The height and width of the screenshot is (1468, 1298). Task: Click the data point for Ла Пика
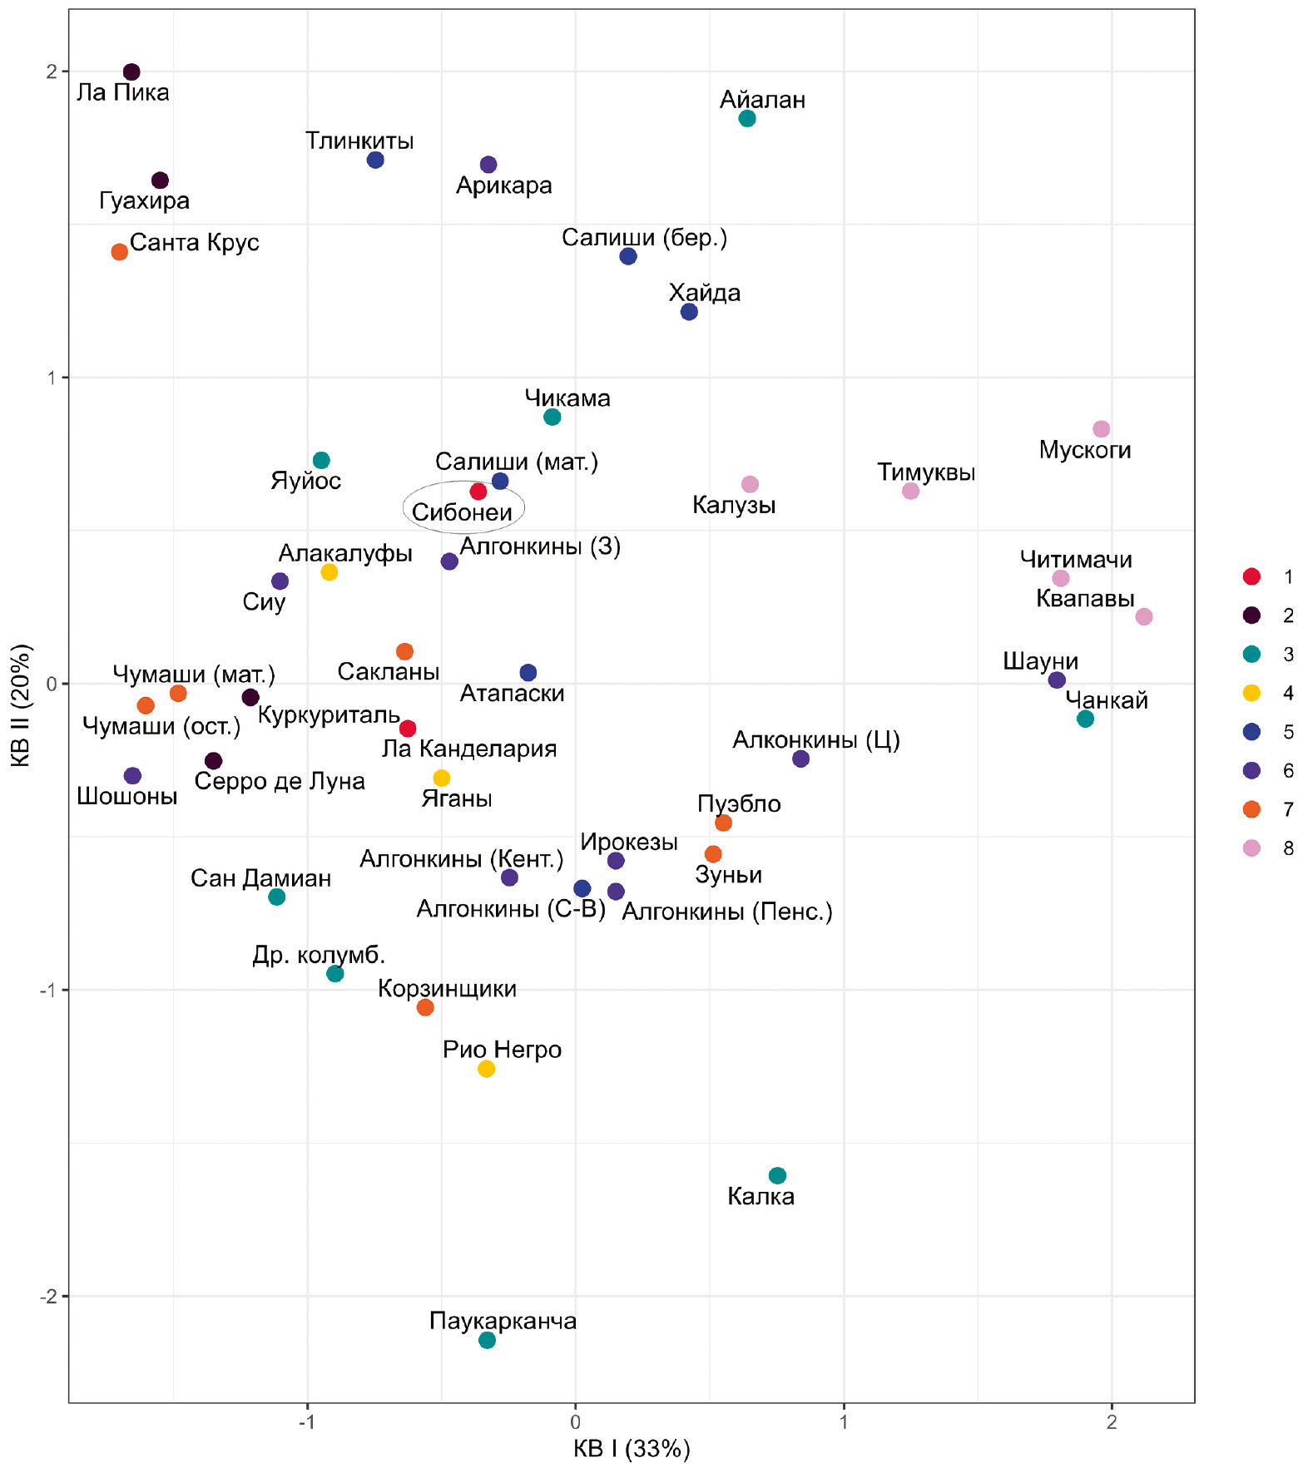pyautogui.click(x=131, y=72)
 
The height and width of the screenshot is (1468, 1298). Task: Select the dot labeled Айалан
pyautogui.click(x=747, y=118)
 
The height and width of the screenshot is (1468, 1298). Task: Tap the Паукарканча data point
pyautogui.click(x=488, y=1340)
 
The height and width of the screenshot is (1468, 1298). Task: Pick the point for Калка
pyautogui.click(x=777, y=1175)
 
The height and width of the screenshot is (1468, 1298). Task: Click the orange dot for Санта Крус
pyautogui.click(x=120, y=251)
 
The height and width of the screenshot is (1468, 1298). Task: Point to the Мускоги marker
pyautogui.click(x=1101, y=429)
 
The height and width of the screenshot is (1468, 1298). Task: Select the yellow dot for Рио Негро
pyautogui.click(x=487, y=1069)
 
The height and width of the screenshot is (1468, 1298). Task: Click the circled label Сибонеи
pyautogui.click(x=463, y=512)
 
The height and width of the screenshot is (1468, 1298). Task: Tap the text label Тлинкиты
pyautogui.click(x=359, y=141)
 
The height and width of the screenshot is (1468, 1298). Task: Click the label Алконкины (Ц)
pyautogui.click(x=815, y=739)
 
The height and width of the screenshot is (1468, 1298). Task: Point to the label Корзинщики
pyautogui.click(x=447, y=988)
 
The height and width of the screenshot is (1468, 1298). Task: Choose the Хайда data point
pyautogui.click(x=689, y=312)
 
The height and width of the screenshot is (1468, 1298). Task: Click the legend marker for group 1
pyautogui.click(x=1251, y=576)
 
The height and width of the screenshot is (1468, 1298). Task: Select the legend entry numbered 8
pyautogui.click(x=1288, y=848)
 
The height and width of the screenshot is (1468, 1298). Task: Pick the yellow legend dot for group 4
pyautogui.click(x=1251, y=693)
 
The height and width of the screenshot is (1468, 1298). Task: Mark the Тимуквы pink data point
pyautogui.click(x=911, y=491)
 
